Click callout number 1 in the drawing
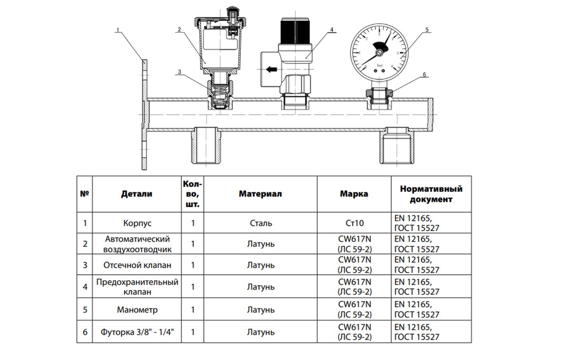click(118, 30)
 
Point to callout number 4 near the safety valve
click(332, 30)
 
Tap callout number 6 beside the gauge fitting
click(424, 74)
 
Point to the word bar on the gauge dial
click(380, 65)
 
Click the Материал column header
click(260, 194)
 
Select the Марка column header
click(354, 194)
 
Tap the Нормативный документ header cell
click(431, 194)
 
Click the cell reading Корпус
click(137, 223)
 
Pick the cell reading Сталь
click(261, 223)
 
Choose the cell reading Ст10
click(354, 223)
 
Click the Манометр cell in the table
click(137, 310)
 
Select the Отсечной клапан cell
click(137, 265)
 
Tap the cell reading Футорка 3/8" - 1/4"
click(137, 332)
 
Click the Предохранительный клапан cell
click(137, 287)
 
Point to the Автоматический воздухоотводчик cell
click(137, 244)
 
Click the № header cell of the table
click(84, 194)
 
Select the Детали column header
click(137, 194)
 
